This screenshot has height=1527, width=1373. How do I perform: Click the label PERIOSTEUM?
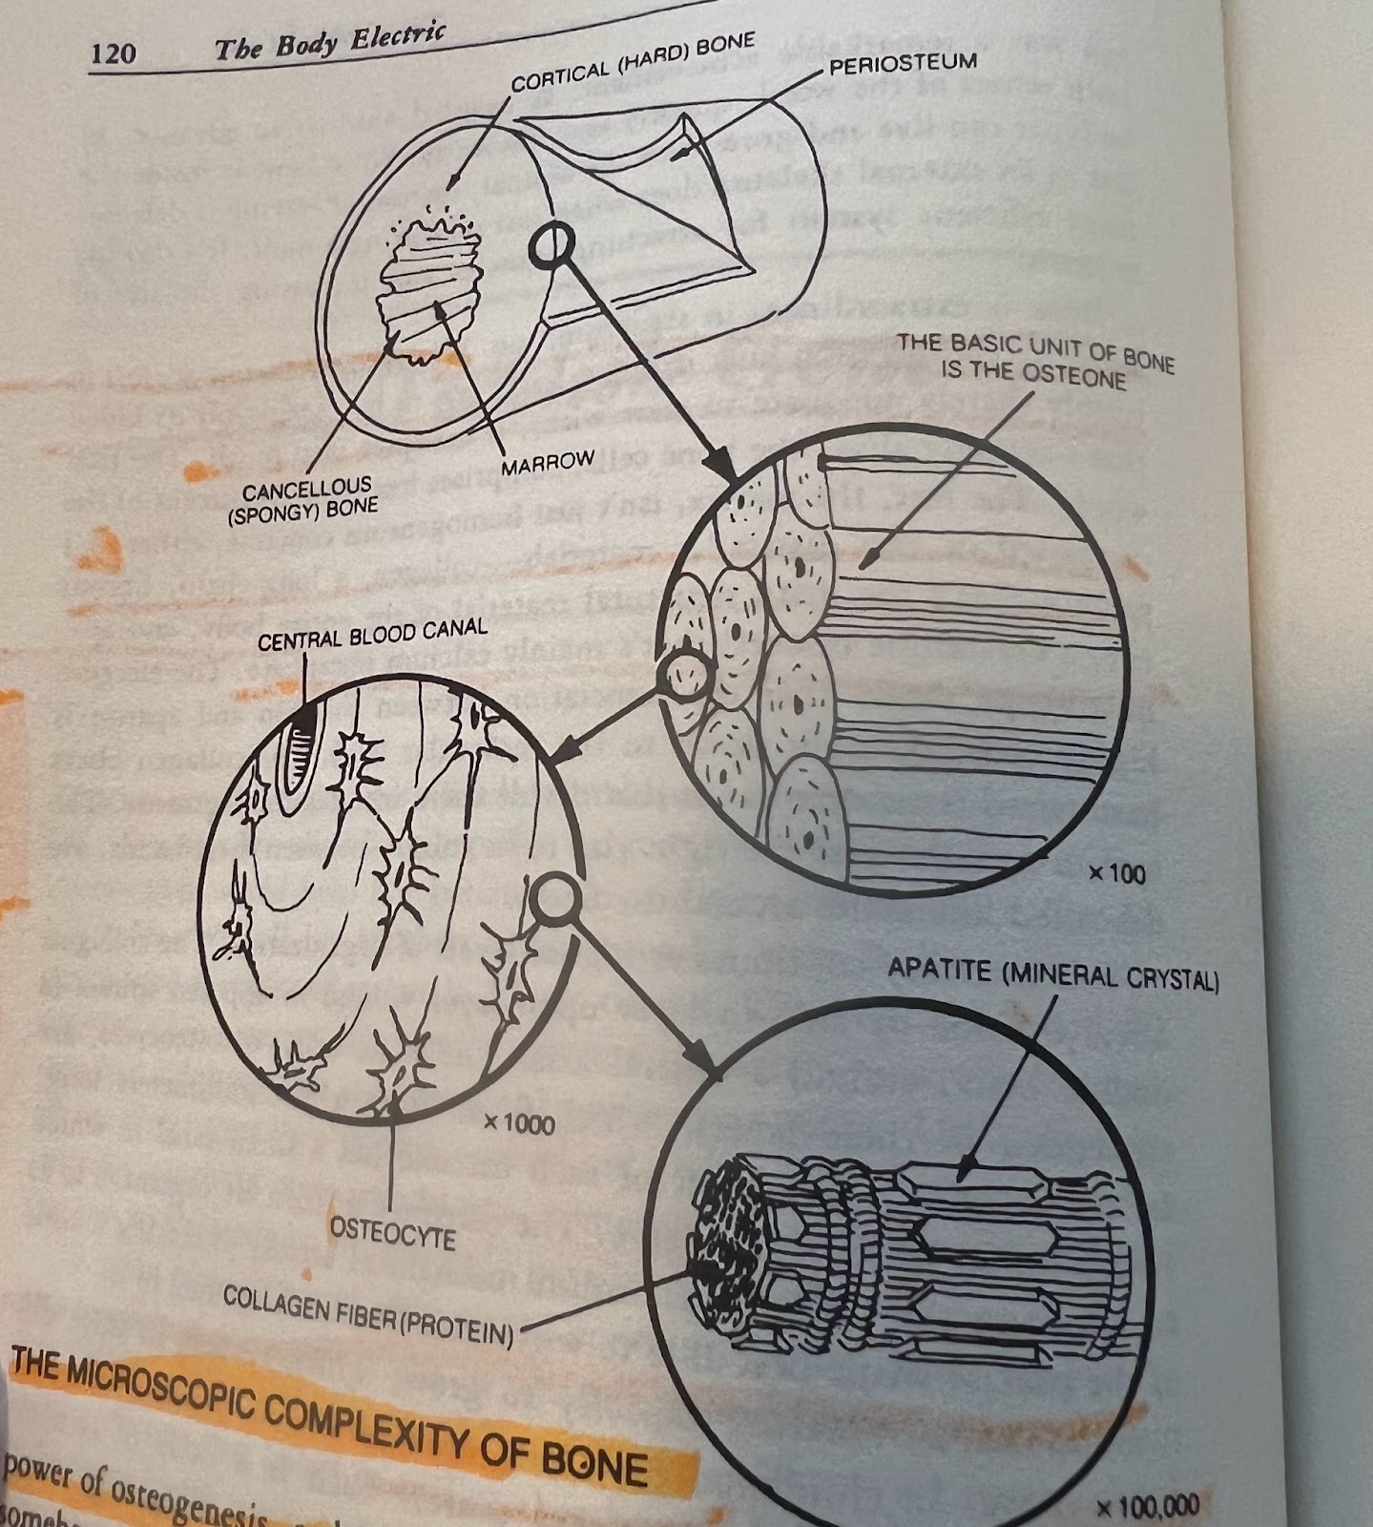click(x=903, y=65)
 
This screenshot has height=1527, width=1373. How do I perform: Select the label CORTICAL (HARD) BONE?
click(x=633, y=63)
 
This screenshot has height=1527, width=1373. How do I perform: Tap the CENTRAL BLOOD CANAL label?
click(x=372, y=634)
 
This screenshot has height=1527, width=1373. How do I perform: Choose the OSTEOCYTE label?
click(x=392, y=1234)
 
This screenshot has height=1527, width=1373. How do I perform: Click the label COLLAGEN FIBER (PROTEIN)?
click(x=368, y=1314)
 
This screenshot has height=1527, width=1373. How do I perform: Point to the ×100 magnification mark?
click(x=1116, y=873)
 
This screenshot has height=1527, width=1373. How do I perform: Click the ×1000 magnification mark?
click(x=518, y=1123)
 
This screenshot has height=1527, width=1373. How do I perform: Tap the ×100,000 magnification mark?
click(x=1147, y=1507)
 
